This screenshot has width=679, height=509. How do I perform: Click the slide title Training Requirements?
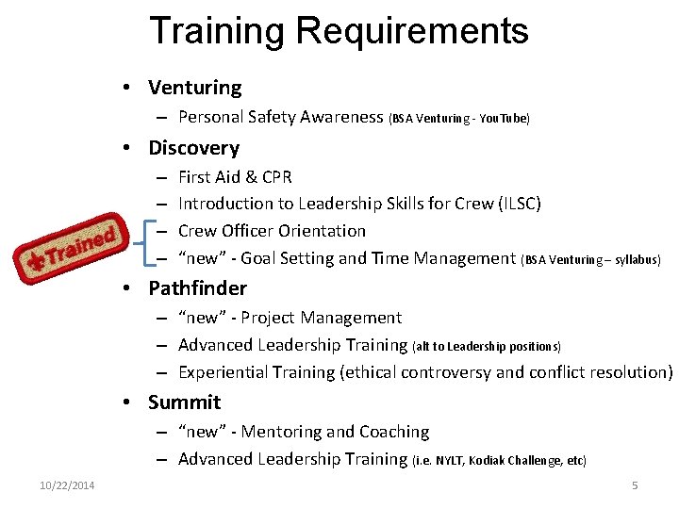click(x=339, y=31)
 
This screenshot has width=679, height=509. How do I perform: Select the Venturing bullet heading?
click(x=194, y=88)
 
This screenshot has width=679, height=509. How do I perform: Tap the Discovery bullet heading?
click(x=193, y=148)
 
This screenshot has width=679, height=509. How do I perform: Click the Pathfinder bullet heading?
click(x=197, y=288)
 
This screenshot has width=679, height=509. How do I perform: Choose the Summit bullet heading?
click(x=184, y=402)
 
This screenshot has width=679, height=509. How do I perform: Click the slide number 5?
click(x=635, y=485)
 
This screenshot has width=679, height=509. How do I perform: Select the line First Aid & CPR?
click(x=235, y=176)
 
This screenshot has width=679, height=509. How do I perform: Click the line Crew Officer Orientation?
click(x=272, y=231)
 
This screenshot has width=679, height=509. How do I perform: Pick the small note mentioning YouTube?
click(x=459, y=119)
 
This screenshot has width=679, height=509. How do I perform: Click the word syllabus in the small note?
click(x=637, y=259)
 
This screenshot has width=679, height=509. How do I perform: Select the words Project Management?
click(x=322, y=318)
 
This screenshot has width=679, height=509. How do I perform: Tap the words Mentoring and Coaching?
click(x=336, y=432)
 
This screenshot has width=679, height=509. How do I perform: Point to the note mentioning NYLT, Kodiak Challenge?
click(x=500, y=461)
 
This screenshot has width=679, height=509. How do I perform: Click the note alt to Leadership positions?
click(x=487, y=347)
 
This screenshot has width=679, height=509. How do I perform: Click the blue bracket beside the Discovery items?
click(x=144, y=243)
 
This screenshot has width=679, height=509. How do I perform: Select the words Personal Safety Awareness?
click(x=281, y=117)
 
